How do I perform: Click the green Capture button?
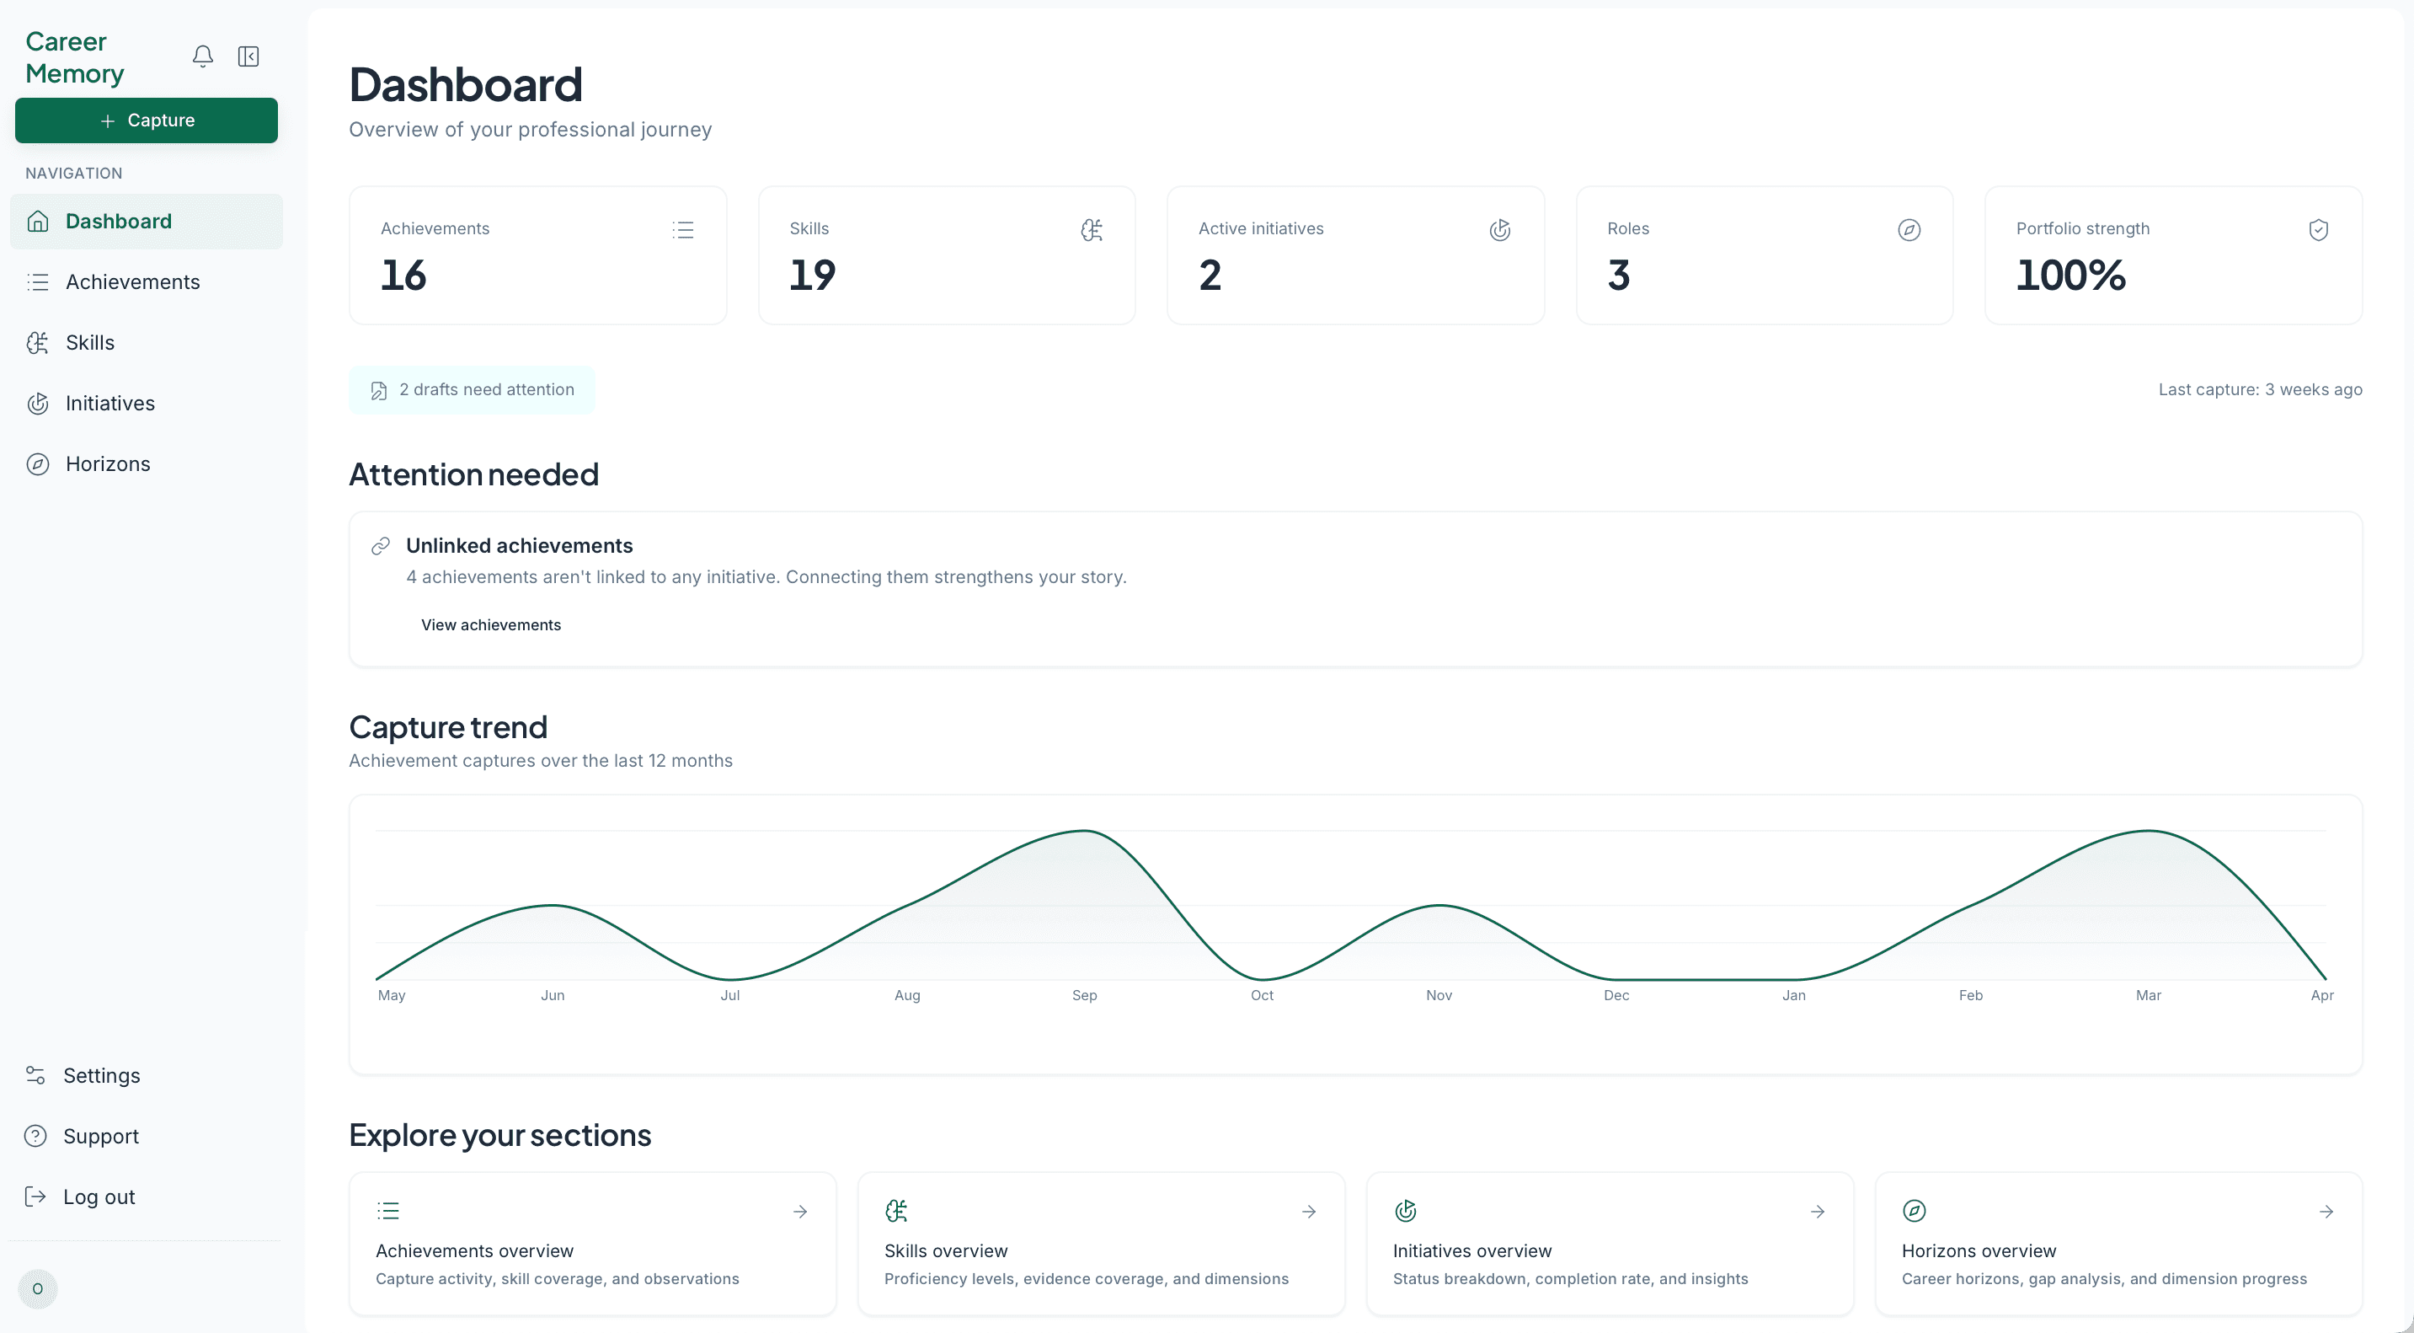tap(147, 120)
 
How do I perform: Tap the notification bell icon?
tap(202, 56)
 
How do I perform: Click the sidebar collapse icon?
tap(248, 56)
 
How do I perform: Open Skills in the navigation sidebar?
tap(90, 342)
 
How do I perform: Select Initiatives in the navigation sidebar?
tap(109, 403)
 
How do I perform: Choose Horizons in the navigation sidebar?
tap(108, 464)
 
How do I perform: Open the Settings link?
tap(101, 1075)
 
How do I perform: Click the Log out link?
tap(99, 1197)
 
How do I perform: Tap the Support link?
tap(100, 1136)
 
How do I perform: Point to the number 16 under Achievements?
tap(403, 276)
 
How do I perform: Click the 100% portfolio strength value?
tap(2070, 276)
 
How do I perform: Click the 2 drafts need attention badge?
tap(472, 390)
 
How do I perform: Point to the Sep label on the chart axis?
tap(1084, 995)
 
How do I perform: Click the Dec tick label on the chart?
tap(1616, 995)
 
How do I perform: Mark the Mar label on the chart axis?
tap(2148, 995)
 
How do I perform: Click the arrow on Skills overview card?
tap(1308, 1212)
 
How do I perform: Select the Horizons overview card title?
tap(1979, 1250)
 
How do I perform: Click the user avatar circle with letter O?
tap(38, 1289)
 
